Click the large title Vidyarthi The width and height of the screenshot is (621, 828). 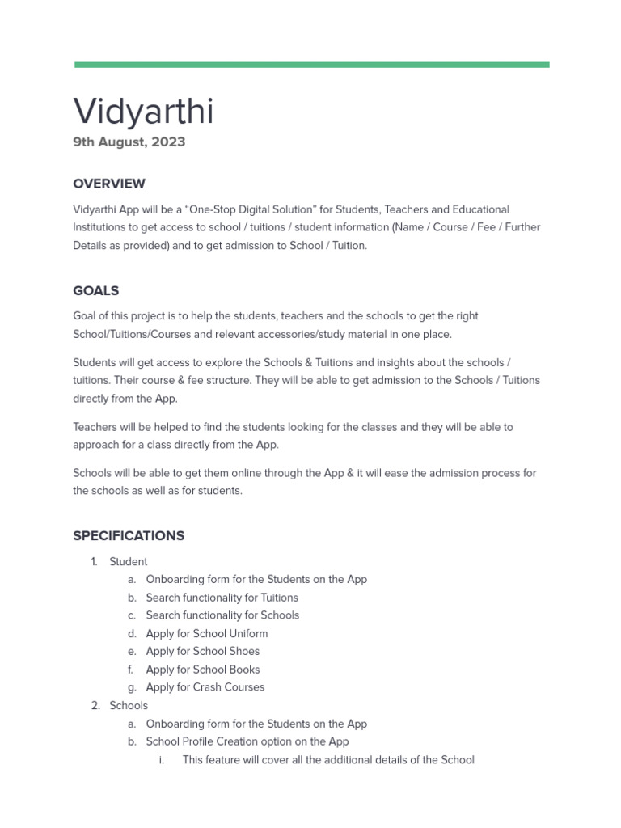point(143,111)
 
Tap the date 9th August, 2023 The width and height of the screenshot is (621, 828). point(129,142)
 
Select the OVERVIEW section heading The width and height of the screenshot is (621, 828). point(109,184)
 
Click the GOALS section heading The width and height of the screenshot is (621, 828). point(95,290)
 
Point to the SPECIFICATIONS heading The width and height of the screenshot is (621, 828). point(129,535)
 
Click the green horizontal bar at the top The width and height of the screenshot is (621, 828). point(311,65)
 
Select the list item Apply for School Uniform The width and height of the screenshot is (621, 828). point(206,633)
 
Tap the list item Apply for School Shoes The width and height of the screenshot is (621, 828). point(202,651)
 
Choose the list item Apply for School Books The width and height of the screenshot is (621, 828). point(202,670)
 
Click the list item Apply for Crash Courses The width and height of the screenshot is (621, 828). point(205,687)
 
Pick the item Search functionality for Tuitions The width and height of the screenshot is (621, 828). point(222,598)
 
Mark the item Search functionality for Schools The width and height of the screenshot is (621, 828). point(222,615)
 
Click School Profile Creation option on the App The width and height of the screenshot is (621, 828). point(247,741)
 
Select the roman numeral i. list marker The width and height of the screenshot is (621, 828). point(162,760)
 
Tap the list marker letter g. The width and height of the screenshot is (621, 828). point(131,687)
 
